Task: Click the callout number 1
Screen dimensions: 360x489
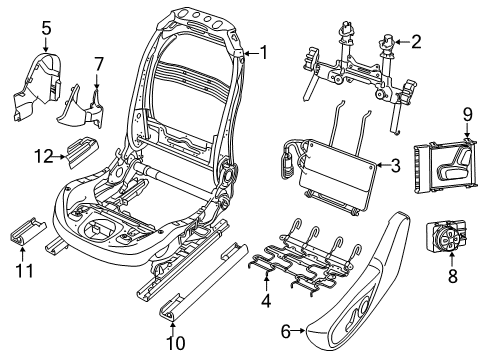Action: coord(264,51)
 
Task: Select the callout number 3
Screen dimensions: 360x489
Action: coord(395,165)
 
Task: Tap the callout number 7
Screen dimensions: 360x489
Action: coord(98,65)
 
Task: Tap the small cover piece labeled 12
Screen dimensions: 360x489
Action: coord(81,149)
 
